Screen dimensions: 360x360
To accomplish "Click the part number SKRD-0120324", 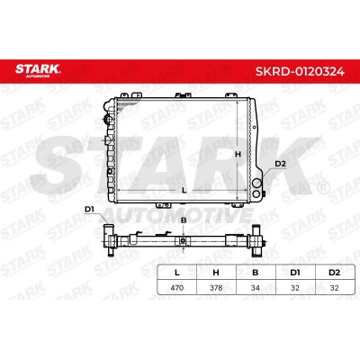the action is (x=300, y=71).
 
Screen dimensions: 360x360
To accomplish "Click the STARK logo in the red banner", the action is (x=38, y=70).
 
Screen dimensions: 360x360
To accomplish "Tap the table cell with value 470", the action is (x=177, y=288).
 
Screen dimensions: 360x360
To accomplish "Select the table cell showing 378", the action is (x=216, y=288).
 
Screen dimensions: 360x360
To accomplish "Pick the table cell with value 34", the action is (x=256, y=288).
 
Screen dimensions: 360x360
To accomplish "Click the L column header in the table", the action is (x=177, y=273).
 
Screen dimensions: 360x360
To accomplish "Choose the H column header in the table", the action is (x=216, y=273).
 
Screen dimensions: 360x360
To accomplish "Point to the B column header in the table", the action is (x=256, y=273).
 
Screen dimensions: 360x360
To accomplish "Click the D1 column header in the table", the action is (x=295, y=273).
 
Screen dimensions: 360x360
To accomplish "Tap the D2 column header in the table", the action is (x=334, y=273).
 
